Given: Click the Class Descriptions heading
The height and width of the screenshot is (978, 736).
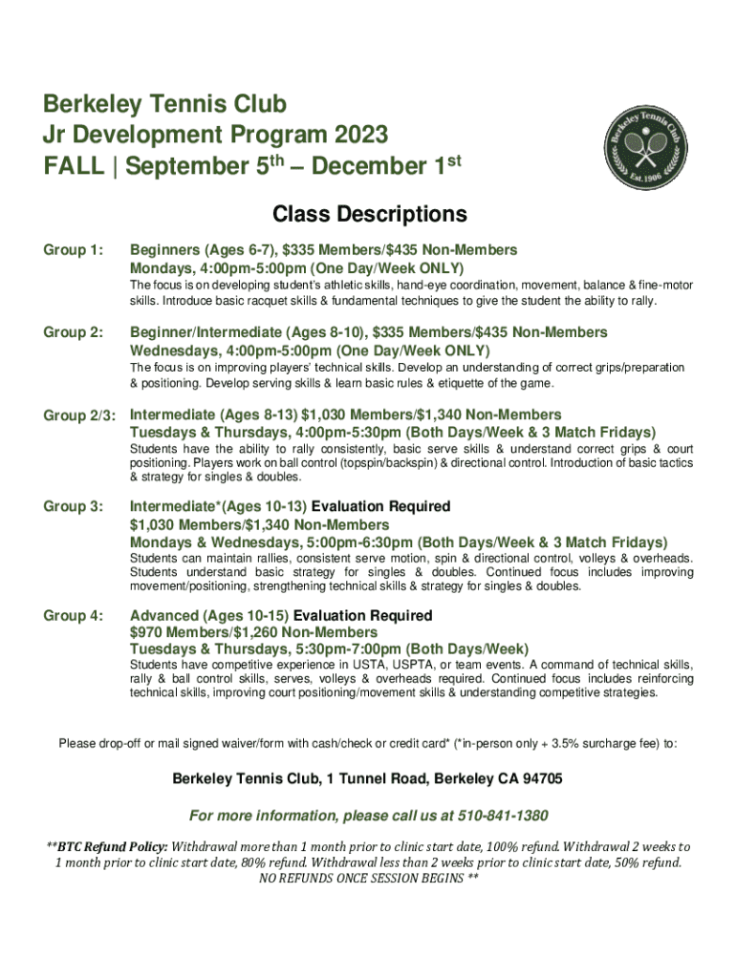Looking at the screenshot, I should [369, 213].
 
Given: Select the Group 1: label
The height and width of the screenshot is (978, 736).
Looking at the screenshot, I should [73, 250].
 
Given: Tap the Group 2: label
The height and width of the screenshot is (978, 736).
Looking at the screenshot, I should [73, 332].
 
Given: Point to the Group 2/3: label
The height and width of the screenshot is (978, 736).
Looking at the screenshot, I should [79, 415].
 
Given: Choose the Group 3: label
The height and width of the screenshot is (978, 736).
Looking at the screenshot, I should [73, 507].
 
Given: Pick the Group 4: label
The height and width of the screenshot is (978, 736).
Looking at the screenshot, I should [73, 616].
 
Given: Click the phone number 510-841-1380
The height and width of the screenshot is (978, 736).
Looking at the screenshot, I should [511, 816].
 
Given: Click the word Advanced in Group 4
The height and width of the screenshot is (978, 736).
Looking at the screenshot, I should [162, 616].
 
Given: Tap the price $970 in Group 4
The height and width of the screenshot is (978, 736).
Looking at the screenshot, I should [148, 632].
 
